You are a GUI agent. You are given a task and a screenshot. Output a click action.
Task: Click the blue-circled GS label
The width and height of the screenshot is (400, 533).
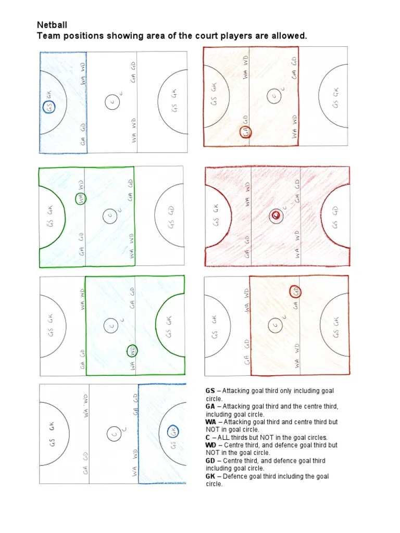49,108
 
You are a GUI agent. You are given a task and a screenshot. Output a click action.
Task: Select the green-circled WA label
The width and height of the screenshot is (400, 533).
81,198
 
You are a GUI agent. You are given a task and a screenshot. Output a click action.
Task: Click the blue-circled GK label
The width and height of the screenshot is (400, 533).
173,431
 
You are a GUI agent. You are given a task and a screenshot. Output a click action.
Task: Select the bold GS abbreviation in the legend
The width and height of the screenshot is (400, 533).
210,390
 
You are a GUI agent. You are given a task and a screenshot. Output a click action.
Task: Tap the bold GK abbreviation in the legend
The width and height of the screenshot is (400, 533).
210,476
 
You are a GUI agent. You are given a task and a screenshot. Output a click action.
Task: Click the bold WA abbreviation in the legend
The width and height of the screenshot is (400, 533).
211,422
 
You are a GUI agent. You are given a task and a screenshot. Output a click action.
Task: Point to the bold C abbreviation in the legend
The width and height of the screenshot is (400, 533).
208,437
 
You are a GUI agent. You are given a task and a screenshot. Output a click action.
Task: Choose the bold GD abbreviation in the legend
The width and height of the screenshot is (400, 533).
210,461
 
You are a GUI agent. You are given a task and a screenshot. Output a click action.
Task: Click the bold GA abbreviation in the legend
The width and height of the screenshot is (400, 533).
210,406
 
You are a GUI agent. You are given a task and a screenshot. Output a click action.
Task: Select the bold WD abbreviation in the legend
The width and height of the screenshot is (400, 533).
211,445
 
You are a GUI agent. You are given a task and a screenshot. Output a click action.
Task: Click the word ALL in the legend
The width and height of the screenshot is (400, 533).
224,437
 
